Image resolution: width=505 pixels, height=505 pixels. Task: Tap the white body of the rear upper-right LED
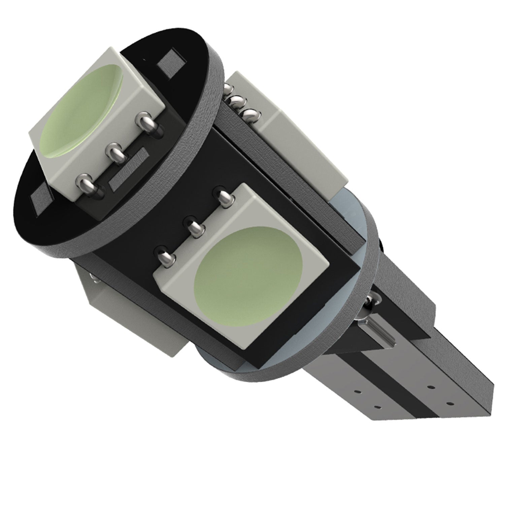click(x=303, y=148)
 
